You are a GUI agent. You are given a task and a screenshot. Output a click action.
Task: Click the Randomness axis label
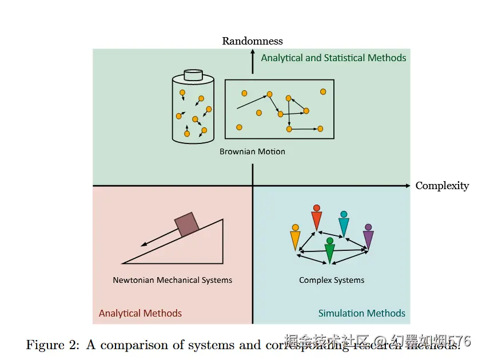click(x=252, y=41)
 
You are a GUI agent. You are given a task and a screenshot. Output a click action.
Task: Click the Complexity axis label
click(x=442, y=186)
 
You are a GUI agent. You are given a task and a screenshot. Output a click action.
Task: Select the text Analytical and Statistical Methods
click(x=333, y=58)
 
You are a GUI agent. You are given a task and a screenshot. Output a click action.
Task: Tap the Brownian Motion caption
click(x=252, y=152)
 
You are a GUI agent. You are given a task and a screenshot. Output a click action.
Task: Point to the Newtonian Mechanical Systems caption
click(x=172, y=281)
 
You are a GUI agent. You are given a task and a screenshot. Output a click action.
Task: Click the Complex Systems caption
click(x=332, y=281)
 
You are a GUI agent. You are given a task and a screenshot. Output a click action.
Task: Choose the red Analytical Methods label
click(x=140, y=313)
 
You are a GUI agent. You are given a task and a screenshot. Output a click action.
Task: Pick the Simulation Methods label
click(x=361, y=313)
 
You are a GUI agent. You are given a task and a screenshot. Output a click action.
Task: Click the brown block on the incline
click(x=187, y=224)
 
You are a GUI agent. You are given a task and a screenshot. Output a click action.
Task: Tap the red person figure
click(x=317, y=218)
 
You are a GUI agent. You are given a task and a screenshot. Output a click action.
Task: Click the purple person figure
click(x=368, y=236)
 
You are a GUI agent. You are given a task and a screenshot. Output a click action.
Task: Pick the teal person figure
click(x=344, y=225)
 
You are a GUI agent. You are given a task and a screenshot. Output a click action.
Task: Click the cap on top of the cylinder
click(x=193, y=75)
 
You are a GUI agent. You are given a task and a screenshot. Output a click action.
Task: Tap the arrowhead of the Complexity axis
click(x=408, y=186)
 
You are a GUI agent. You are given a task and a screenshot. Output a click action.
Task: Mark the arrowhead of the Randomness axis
click(x=253, y=52)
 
